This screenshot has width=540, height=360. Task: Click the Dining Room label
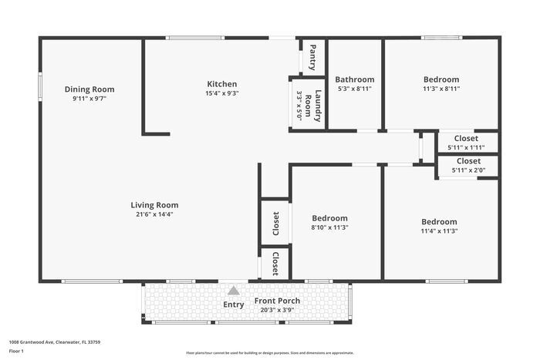(x=94, y=89)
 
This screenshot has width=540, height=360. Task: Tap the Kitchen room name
(x=221, y=84)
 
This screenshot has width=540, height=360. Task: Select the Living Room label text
(x=154, y=205)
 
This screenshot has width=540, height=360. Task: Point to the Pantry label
(x=312, y=57)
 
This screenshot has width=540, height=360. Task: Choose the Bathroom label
(x=355, y=79)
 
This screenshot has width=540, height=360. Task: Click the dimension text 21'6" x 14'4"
(x=154, y=214)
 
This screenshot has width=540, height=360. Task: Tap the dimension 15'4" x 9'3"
(x=221, y=93)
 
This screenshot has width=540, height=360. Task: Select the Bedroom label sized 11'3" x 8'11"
(x=441, y=79)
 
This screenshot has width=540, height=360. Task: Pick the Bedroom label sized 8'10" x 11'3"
(x=329, y=218)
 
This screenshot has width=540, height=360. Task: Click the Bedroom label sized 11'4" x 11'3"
(x=439, y=221)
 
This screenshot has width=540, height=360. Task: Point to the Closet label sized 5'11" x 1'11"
(x=465, y=138)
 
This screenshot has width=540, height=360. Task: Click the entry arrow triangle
(x=233, y=291)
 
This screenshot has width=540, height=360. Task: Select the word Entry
(x=234, y=304)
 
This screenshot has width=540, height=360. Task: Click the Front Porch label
(x=278, y=301)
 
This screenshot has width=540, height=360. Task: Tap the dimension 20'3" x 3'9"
(x=278, y=310)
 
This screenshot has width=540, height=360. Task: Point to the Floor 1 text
(x=17, y=352)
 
